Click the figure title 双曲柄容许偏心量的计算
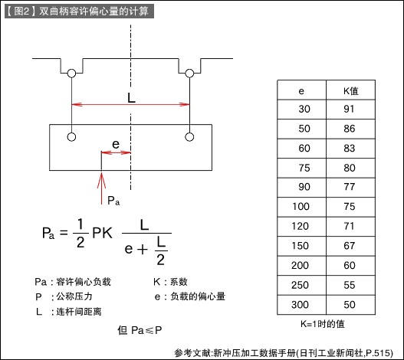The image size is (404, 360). pyautogui.click(x=94, y=11)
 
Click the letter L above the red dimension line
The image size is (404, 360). pyautogui.click(x=131, y=98)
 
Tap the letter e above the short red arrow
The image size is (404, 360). pyautogui.click(x=116, y=144)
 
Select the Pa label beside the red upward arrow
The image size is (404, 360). pyautogui.click(x=113, y=201)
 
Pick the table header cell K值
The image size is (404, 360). pyautogui.click(x=350, y=91)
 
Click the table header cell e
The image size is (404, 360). pyautogui.click(x=301, y=91)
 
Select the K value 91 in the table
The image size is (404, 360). pyautogui.click(x=349, y=109)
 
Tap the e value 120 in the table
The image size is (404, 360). pyautogui.click(x=301, y=226)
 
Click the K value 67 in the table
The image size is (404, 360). pyautogui.click(x=350, y=246)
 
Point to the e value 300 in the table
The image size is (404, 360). pyautogui.click(x=301, y=305)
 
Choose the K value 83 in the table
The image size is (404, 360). pyautogui.click(x=350, y=149)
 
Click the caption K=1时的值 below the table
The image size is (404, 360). pyautogui.click(x=322, y=324)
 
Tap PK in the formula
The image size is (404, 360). pyautogui.click(x=102, y=233)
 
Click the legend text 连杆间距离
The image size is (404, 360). pyautogui.click(x=79, y=312)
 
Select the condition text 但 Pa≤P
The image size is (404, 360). pyautogui.click(x=140, y=330)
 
